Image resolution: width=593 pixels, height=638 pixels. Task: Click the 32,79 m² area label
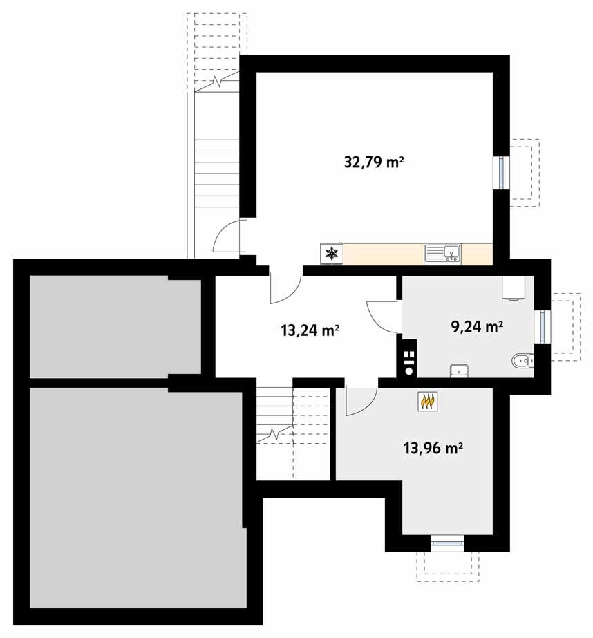pyautogui.click(x=373, y=163)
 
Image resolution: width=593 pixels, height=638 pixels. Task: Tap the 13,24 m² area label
pyautogui.click(x=310, y=330)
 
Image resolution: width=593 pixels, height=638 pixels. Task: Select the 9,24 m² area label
pyautogui.click(x=477, y=327)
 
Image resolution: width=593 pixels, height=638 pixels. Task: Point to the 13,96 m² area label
pyautogui.click(x=433, y=449)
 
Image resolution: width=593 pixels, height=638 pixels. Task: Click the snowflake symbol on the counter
pyautogui.click(x=332, y=254)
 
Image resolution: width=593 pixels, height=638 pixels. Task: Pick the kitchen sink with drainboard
pyautogui.click(x=442, y=254)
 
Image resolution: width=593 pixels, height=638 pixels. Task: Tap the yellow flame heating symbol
pyautogui.click(x=428, y=402)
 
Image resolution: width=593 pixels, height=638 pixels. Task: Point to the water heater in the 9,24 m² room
pyautogui.click(x=513, y=288)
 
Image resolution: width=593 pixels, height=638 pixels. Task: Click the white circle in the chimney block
pyautogui.click(x=409, y=370)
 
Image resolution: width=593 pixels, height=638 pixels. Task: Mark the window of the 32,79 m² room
pyautogui.click(x=499, y=173)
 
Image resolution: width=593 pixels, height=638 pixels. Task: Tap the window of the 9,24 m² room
pyautogui.click(x=543, y=327)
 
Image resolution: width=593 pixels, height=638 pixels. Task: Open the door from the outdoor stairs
pyautogui.click(x=228, y=238)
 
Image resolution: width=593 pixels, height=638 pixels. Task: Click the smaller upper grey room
pyautogui.click(x=115, y=326)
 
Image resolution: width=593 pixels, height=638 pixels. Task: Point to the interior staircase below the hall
pyautogui.click(x=275, y=422)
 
